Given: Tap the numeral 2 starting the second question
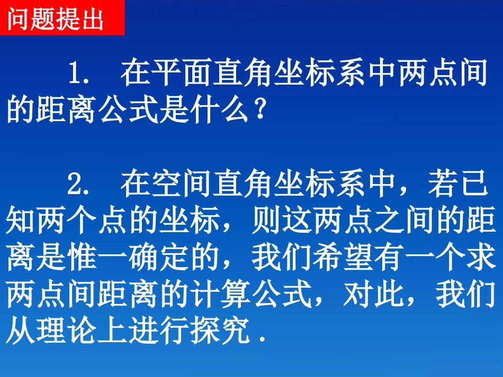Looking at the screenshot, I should tap(74, 183).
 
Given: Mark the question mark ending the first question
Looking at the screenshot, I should tap(257, 111).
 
